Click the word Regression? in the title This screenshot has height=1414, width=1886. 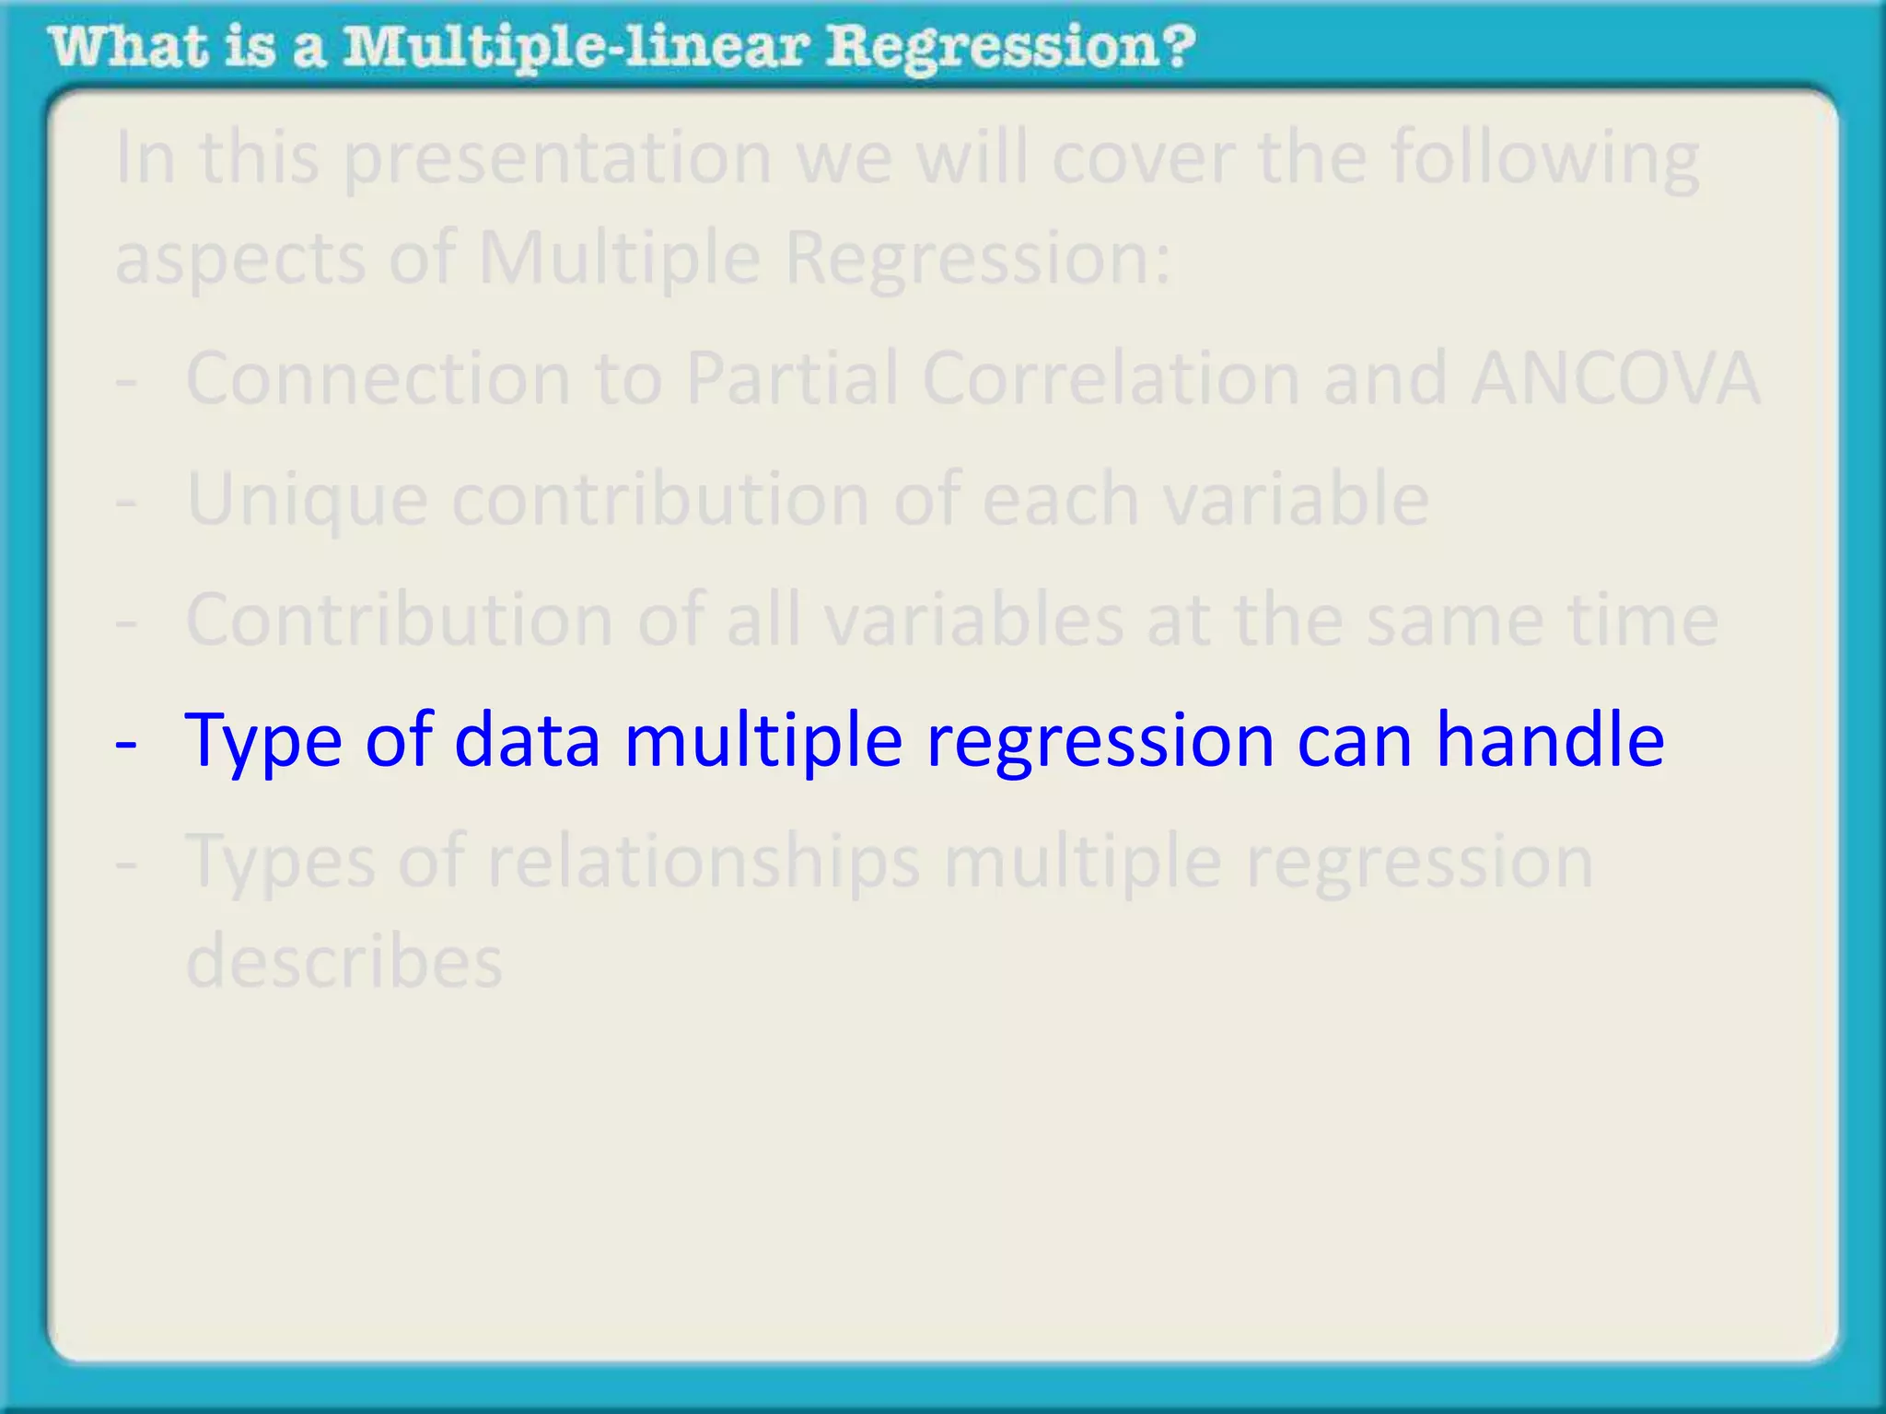pyautogui.click(x=1010, y=48)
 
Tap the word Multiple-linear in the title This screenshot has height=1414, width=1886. pyautogui.click(x=576, y=48)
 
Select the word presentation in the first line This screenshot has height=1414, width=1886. pyautogui.click(x=557, y=158)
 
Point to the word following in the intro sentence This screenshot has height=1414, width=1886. pyautogui.click(x=1544, y=158)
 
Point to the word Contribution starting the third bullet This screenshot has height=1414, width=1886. pyautogui.click(x=399, y=619)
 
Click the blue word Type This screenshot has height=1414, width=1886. pyautogui.click(x=263, y=741)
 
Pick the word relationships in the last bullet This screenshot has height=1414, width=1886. pyautogui.click(x=704, y=862)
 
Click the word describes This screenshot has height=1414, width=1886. pyautogui.click(x=344, y=961)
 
